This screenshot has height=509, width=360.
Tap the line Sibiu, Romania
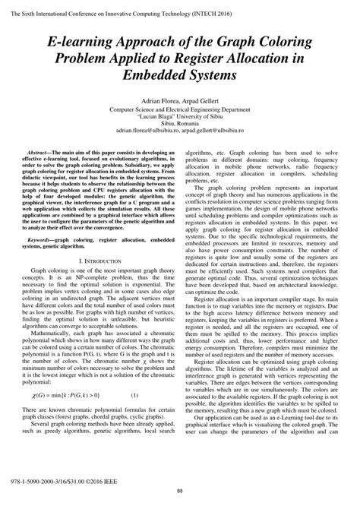pos(179,123)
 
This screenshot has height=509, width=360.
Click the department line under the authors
pos(179,109)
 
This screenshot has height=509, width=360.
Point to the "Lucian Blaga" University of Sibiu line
pos(179,116)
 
